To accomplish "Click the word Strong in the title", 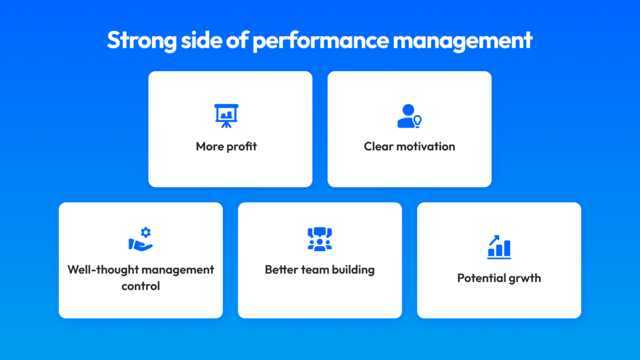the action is pos(142,41).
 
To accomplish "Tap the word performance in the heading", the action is pos(321,41).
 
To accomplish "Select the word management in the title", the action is pos(463,41).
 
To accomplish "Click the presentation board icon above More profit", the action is pos(226,116).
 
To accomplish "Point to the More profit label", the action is pos(226,146).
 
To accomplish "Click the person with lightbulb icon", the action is pos(409,116).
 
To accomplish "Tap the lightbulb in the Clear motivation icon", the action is pos(417,121).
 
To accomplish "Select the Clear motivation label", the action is pos(409,146).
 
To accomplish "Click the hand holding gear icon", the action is pos(141,239).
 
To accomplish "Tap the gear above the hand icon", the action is pos(146,232).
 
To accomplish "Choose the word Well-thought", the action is pos(103,269).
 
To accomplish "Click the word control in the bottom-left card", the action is pos(141,286).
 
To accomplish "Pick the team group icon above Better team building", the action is pos(319,239).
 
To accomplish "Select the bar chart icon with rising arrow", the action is pos(499,247).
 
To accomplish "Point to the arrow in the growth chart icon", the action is pos(494,240).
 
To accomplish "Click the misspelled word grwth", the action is pos(522,278).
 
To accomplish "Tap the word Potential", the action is pos(479,278).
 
